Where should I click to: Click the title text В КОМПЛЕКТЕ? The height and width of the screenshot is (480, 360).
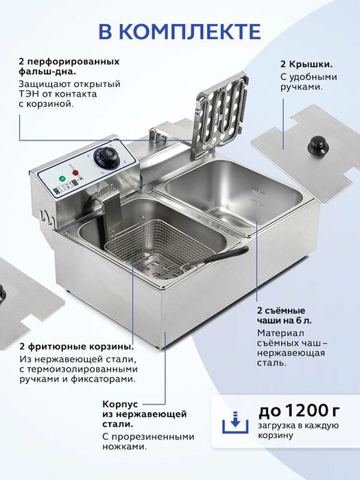(180, 32)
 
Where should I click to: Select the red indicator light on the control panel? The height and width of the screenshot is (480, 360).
(76, 173)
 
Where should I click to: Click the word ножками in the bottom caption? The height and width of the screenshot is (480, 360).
(124, 446)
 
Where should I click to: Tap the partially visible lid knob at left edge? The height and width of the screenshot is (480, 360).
(3, 293)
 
